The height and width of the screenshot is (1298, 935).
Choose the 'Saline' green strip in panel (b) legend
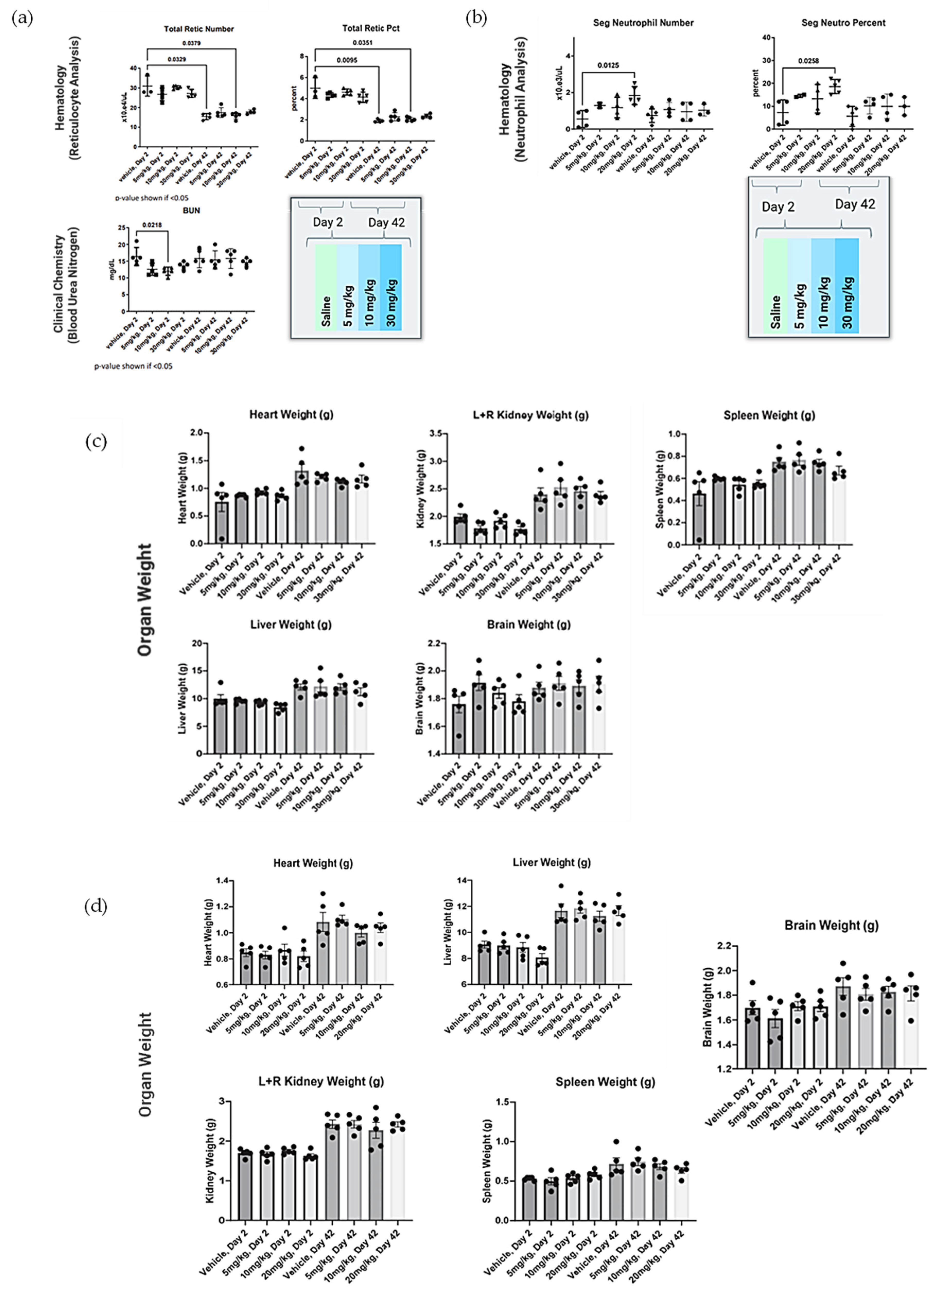click(x=775, y=286)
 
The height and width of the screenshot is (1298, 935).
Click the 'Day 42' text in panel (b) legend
click(x=854, y=204)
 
